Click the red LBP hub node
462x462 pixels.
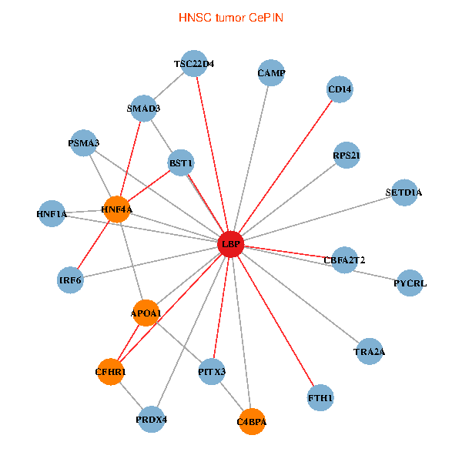coord(231,245)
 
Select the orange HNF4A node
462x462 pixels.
coord(116,209)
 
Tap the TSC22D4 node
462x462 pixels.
coord(194,64)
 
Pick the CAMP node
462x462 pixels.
coord(271,73)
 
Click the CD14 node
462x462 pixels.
coord(340,89)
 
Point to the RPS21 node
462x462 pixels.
coord(346,156)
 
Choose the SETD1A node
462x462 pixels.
coord(403,192)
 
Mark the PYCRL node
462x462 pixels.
coord(410,283)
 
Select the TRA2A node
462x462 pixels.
coord(370,352)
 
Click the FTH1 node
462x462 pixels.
coord(320,398)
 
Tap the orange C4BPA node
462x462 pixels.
coord(252,421)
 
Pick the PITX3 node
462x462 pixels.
coord(212,372)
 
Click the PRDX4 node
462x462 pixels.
coord(152,420)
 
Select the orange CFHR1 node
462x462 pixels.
coord(111,372)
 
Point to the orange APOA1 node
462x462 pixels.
coord(146,313)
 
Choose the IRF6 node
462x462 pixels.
coord(71,280)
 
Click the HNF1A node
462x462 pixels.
coord(52,213)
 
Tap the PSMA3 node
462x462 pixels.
coord(84,142)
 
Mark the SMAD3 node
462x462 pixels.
coord(143,109)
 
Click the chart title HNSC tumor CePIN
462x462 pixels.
coord(230,16)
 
